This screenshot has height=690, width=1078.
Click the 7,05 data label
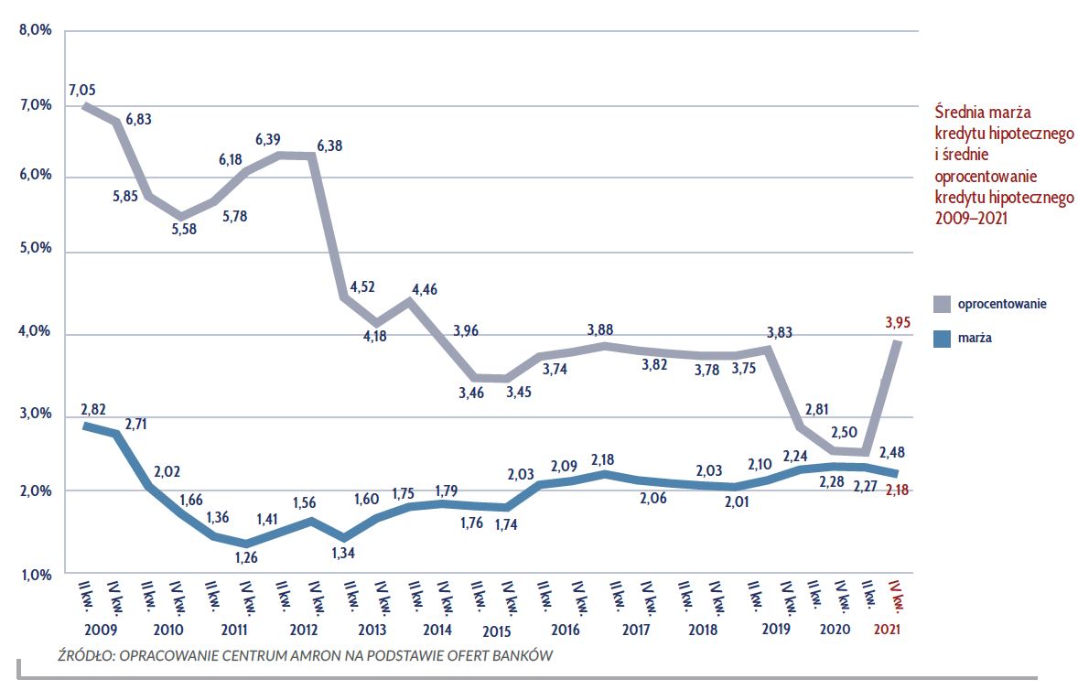pyautogui.click(x=81, y=90)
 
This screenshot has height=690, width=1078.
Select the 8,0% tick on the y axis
pyautogui.click(x=36, y=31)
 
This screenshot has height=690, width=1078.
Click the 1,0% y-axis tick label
pyautogui.click(x=36, y=575)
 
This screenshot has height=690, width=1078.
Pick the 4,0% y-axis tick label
pyautogui.click(x=36, y=334)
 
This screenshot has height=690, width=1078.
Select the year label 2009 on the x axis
pyautogui.click(x=100, y=631)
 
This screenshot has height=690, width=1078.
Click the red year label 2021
pyautogui.click(x=888, y=631)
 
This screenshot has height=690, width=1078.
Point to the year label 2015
pyautogui.click(x=495, y=631)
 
